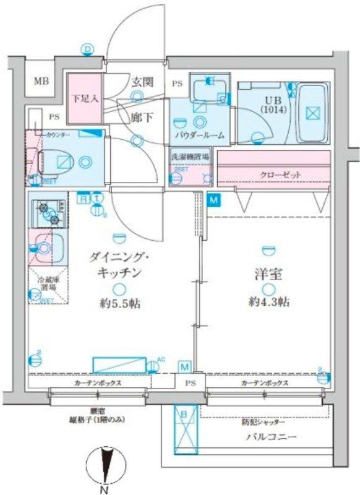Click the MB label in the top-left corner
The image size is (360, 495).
(x=41, y=81)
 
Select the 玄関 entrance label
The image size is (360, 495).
(x=142, y=82)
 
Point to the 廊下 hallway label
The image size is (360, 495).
(x=142, y=116)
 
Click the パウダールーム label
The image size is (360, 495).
(x=199, y=135)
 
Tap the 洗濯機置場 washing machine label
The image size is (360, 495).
(x=190, y=157)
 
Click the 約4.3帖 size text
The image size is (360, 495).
(x=270, y=302)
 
